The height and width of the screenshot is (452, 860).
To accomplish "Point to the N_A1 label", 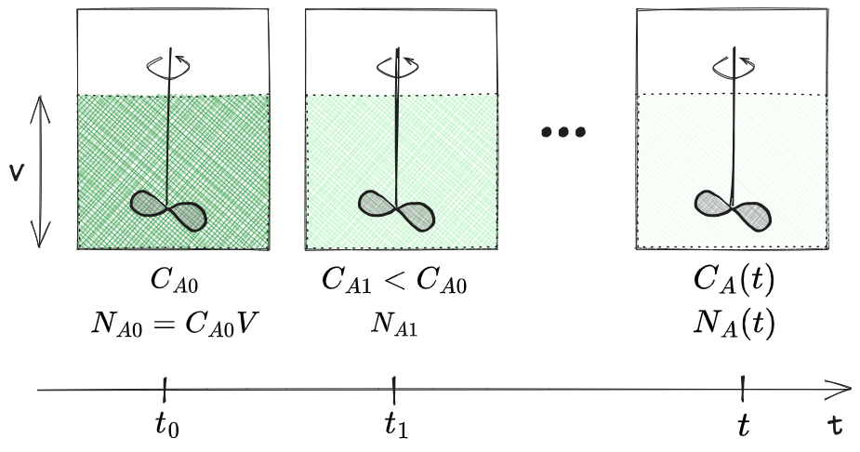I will (395, 325).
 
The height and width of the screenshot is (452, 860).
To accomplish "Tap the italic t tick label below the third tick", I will (743, 425).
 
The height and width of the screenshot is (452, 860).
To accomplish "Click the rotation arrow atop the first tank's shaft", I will (169, 64).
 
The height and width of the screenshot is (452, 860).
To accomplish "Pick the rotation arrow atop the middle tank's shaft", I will (397, 64).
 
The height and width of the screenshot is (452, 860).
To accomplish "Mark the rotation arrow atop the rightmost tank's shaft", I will (734, 64).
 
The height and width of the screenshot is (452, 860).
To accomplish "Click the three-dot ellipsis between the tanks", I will (563, 132).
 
